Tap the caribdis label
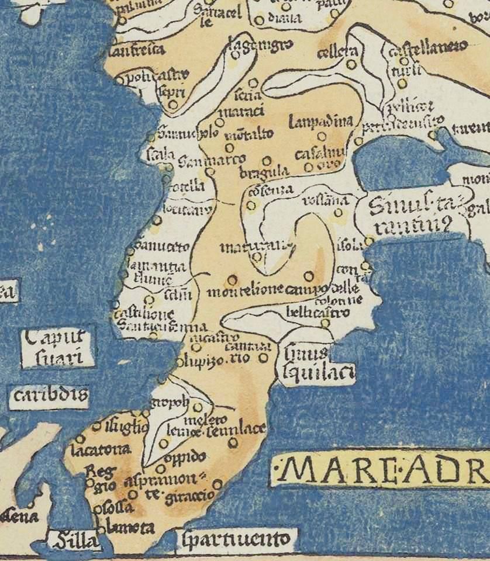pos(49,397)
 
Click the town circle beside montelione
pos(232,279)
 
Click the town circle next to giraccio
pos(218,484)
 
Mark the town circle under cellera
pos(351,65)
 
